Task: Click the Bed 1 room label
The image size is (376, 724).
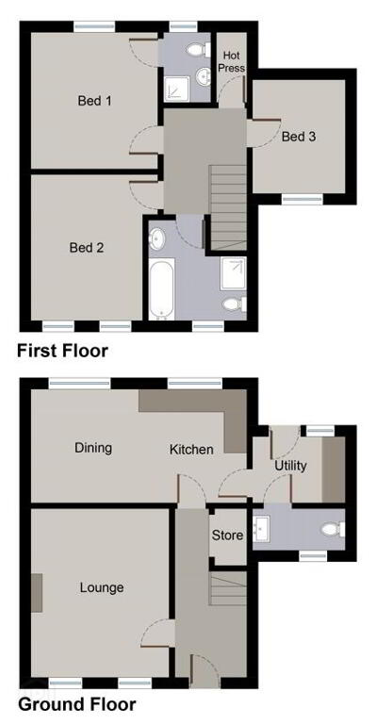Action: pyautogui.click(x=95, y=100)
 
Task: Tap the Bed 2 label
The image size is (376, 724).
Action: pyautogui.click(x=87, y=248)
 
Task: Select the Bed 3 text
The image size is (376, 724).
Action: pyautogui.click(x=299, y=137)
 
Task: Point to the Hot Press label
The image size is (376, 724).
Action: pyautogui.click(x=231, y=62)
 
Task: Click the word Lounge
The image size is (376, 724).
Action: pyautogui.click(x=102, y=588)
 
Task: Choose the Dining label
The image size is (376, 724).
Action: pyautogui.click(x=93, y=448)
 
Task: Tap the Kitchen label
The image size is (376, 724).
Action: pyautogui.click(x=191, y=450)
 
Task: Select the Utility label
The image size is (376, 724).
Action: pyautogui.click(x=290, y=466)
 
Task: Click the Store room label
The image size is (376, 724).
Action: pyautogui.click(x=227, y=535)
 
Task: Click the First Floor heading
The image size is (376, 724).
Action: pyautogui.click(x=62, y=351)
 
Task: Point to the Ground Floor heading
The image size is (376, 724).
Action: pyautogui.click(x=76, y=704)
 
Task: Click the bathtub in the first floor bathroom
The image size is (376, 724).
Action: pyautogui.click(x=161, y=288)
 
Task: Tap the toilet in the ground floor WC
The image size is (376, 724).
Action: pyautogui.click(x=333, y=529)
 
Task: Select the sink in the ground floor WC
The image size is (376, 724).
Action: pyautogui.click(x=262, y=528)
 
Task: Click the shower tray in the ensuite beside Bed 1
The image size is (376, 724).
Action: pyautogui.click(x=177, y=89)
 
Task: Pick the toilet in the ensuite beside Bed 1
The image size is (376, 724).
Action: pyautogui.click(x=199, y=49)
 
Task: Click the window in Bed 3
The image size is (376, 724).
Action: pyautogui.click(x=302, y=200)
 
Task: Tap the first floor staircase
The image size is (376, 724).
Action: pyautogui.click(x=229, y=207)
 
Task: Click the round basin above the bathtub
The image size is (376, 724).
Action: pyautogui.click(x=156, y=239)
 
